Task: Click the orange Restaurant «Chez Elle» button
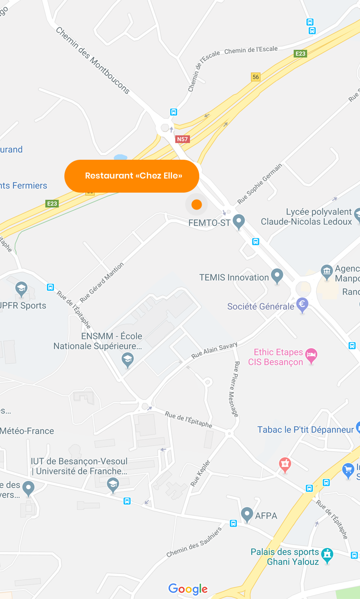(x=132, y=176)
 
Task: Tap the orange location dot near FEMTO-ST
(x=196, y=204)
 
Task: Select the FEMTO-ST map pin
(x=239, y=221)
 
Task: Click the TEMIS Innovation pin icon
(x=277, y=276)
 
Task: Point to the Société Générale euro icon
(x=302, y=305)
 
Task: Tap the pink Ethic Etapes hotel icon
(x=311, y=356)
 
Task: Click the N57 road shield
(x=182, y=139)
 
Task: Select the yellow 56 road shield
(x=256, y=77)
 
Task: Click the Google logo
(x=188, y=589)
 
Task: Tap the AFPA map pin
(x=247, y=514)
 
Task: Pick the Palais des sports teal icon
(x=327, y=555)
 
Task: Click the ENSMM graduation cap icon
(x=127, y=360)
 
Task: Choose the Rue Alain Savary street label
(x=215, y=350)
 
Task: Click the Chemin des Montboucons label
(x=93, y=60)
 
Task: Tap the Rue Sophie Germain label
(x=260, y=183)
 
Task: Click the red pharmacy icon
(x=285, y=465)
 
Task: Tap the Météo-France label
(x=27, y=431)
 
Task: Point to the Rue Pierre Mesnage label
(x=236, y=389)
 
